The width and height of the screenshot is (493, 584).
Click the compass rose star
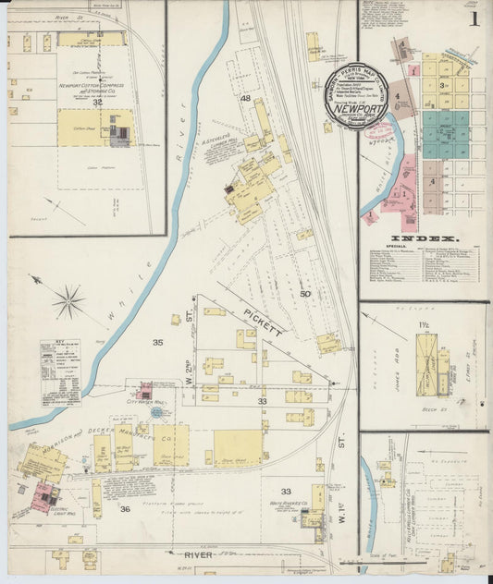pyautogui.click(x=68, y=301)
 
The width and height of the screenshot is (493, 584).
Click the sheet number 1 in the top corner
pyautogui.click(x=474, y=18)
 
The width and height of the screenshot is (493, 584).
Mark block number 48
pyautogui.click(x=245, y=98)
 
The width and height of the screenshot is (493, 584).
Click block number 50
pyautogui.click(x=305, y=294)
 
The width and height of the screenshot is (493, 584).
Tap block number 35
pyautogui.click(x=158, y=343)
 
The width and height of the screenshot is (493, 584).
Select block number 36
pyautogui.click(x=125, y=508)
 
